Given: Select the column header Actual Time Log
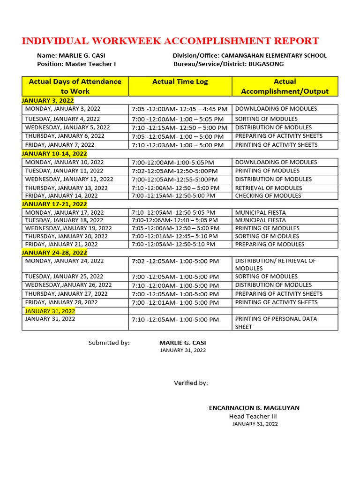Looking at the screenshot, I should (x=180, y=82).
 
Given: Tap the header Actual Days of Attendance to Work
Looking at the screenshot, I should (x=75, y=86).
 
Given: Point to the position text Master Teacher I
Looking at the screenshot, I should (x=90, y=64).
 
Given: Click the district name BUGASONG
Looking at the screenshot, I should (x=266, y=64).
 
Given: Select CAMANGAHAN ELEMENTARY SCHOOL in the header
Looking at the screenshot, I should (x=274, y=55).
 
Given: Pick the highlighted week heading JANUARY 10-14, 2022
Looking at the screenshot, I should (x=54, y=153).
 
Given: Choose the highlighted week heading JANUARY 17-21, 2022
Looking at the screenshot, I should (x=54, y=204).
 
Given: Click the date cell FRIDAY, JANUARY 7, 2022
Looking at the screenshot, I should (x=60, y=145).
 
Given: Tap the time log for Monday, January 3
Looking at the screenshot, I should (x=180, y=109).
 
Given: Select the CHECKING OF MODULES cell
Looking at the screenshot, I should (x=269, y=195).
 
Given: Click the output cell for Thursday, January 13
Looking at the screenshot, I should (x=269, y=187).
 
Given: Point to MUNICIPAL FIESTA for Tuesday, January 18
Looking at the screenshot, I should (x=261, y=220).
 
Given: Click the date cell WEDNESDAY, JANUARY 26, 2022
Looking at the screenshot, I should (x=68, y=285).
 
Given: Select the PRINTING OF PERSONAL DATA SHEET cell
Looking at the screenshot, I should (x=276, y=322).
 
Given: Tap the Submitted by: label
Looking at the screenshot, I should (x=109, y=343).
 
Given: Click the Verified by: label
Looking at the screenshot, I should (x=191, y=383).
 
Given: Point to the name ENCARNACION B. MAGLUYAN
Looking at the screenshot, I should (x=254, y=408).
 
